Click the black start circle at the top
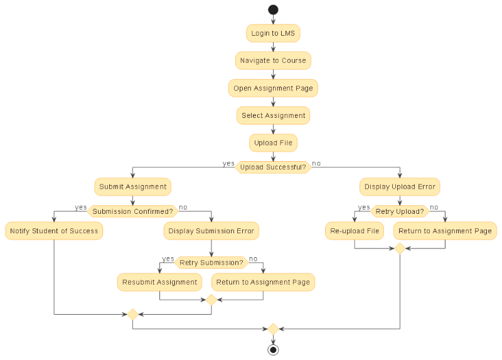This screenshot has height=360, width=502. click(x=273, y=9)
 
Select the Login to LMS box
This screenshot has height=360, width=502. click(x=273, y=33)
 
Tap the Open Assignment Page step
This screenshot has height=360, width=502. click(x=273, y=88)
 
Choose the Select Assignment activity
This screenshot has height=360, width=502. click(x=273, y=116)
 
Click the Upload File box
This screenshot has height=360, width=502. click(x=273, y=143)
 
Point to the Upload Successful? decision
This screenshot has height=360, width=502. click(x=273, y=167)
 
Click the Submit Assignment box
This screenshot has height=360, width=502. click(x=132, y=187)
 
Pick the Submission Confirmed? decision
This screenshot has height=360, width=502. click(x=132, y=212)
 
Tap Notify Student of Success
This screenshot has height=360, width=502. click(x=54, y=231)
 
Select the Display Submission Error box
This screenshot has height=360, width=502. click(x=211, y=231)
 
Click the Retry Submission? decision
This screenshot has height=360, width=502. click(x=211, y=263)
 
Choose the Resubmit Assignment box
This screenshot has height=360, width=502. click(x=159, y=282)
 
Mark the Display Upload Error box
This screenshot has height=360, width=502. click(x=400, y=187)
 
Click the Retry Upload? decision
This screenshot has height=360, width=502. click(x=400, y=211)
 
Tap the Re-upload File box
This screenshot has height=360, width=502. click(x=355, y=231)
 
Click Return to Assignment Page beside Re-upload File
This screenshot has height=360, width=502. click(x=445, y=231)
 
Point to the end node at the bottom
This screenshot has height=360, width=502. click(x=273, y=349)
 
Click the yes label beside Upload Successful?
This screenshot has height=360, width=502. click(x=228, y=164)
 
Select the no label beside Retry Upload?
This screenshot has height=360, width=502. click(x=434, y=208)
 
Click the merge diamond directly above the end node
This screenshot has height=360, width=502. click(x=273, y=329)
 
